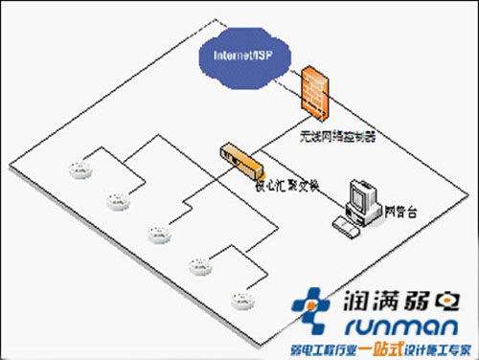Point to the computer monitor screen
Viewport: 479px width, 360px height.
point(361,194)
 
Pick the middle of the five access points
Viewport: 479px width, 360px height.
point(155,232)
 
